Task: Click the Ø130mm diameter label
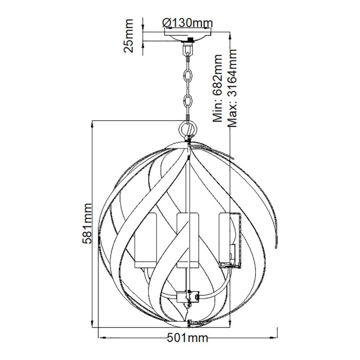click(185, 22)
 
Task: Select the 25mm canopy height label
click(130, 35)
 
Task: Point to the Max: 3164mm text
click(232, 88)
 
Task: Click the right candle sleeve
click(229, 239)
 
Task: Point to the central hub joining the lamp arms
click(188, 296)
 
